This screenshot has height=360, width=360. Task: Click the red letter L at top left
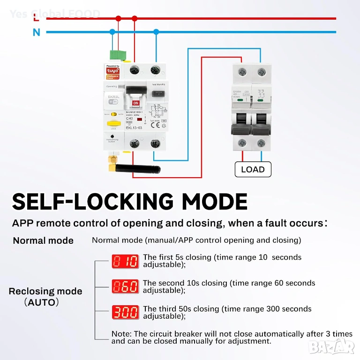[x=37, y=18]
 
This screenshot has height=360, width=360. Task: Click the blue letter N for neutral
[x=37, y=32]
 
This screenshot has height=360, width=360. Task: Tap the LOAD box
[x=253, y=169]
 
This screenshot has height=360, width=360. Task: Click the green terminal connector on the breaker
[x=118, y=55]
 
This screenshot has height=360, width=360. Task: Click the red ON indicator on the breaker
[x=136, y=103]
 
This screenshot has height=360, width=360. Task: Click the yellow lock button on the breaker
[x=112, y=123]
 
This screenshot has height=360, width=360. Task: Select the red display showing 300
[x=126, y=312]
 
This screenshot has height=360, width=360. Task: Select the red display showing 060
[x=126, y=286]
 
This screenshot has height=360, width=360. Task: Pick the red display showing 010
[x=126, y=261]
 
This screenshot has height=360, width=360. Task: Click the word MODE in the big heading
[x=214, y=202]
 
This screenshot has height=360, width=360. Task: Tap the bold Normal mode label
[x=43, y=241]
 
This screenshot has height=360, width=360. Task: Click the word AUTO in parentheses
[x=41, y=302]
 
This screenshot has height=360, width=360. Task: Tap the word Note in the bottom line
[x=121, y=334]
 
